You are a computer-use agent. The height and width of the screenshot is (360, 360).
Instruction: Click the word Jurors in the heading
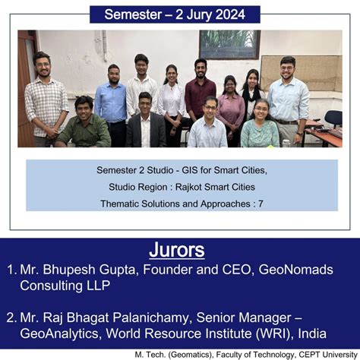click(180, 250)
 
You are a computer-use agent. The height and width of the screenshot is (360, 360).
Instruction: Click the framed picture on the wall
click(229, 44)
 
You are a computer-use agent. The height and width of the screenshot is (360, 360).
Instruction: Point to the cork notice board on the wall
click(300, 72)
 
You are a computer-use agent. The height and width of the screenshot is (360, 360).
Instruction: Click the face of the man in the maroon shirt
click(201, 67)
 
